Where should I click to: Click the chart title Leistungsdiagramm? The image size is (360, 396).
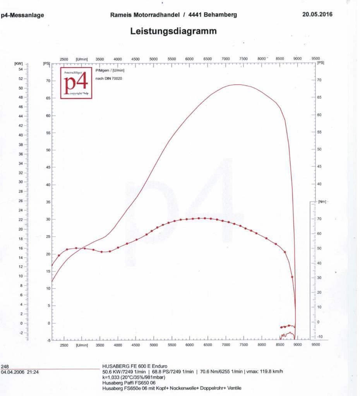(173, 31)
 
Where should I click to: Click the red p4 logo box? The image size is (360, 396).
(76, 83)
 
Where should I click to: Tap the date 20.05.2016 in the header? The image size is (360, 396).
(317, 15)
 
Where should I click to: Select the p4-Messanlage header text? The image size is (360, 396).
(23, 15)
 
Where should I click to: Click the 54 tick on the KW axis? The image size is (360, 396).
(21, 69)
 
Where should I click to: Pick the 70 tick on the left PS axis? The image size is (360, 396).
(48, 81)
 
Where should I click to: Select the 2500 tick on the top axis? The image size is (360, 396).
(64, 59)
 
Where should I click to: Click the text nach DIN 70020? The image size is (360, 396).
(109, 79)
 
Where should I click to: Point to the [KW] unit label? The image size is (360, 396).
(18, 63)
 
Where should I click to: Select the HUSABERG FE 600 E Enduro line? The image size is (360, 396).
(135, 366)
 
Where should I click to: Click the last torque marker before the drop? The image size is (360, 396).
(292, 277)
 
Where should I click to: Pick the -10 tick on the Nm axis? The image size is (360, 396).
(320, 336)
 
